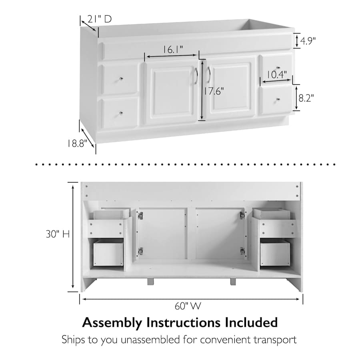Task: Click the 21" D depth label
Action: click(100, 19)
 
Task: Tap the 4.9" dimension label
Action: click(308, 41)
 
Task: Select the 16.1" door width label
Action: click(173, 49)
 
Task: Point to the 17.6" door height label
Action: click(214, 91)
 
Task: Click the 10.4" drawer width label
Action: click(277, 74)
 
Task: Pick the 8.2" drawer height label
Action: click(306, 98)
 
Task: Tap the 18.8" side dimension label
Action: click(77, 144)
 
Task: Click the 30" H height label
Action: click(58, 234)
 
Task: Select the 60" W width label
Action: click(188, 306)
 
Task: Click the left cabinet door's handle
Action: click(196, 76)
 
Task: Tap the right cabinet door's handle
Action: click(208, 75)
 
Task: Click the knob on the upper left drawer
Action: click(121, 79)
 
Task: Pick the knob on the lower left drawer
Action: click(121, 113)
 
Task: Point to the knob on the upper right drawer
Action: click(278, 68)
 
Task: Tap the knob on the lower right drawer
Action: click(278, 100)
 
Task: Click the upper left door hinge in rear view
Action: click(140, 216)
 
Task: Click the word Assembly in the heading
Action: click(112, 323)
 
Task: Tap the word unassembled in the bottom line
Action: click(150, 340)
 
